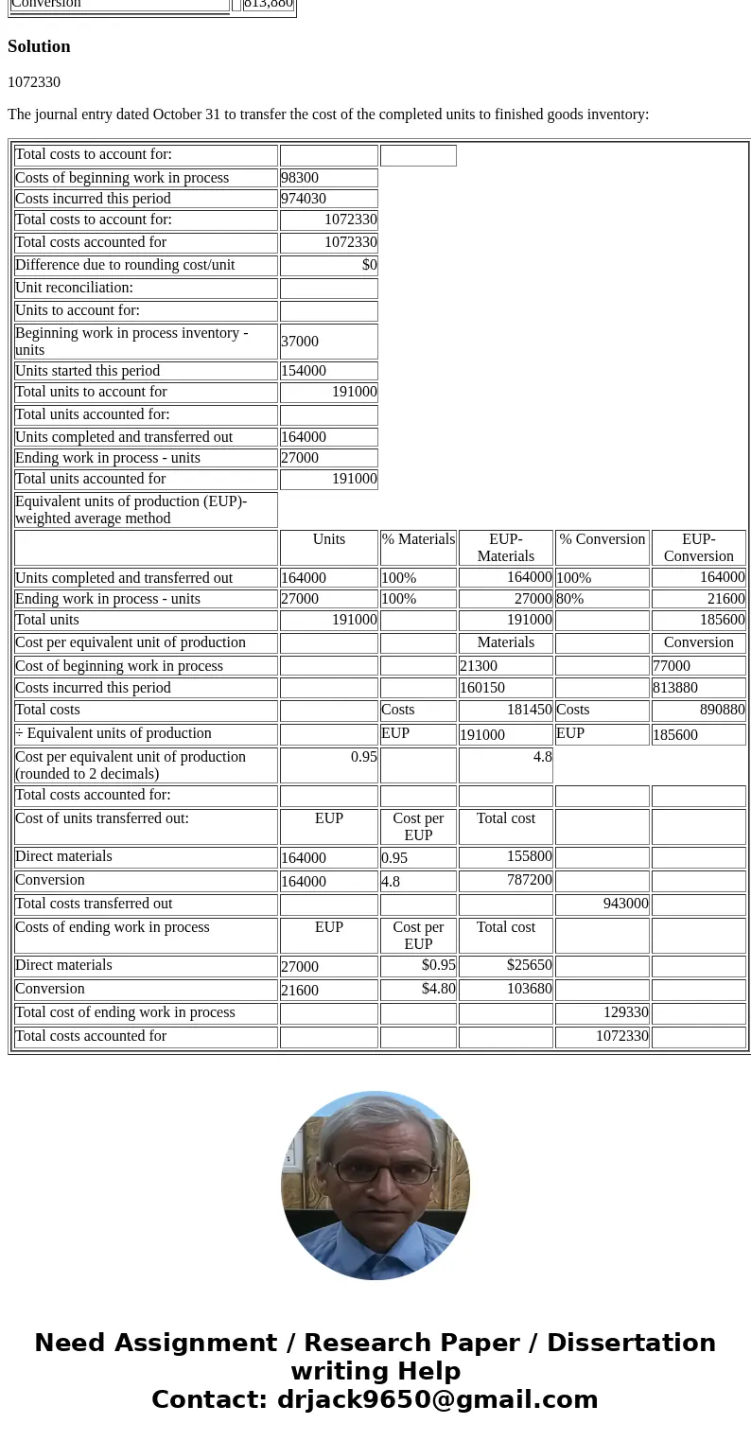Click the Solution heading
[39, 46]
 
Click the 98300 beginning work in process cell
[328, 178]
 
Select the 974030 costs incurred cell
[328, 199]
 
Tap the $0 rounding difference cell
[328, 265]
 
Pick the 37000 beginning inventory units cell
[328, 342]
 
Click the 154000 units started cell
[328, 371]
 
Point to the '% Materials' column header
[418, 539]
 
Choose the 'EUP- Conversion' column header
[698, 548]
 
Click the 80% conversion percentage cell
[602, 599]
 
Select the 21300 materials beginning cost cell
[505, 666]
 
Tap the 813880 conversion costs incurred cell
[698, 688]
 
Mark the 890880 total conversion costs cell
[698, 710]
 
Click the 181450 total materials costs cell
[505, 710]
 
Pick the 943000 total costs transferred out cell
[602, 904]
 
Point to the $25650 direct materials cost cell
[505, 965]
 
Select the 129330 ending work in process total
[602, 1012]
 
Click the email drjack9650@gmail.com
[437, 1399]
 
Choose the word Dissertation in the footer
[631, 1343]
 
